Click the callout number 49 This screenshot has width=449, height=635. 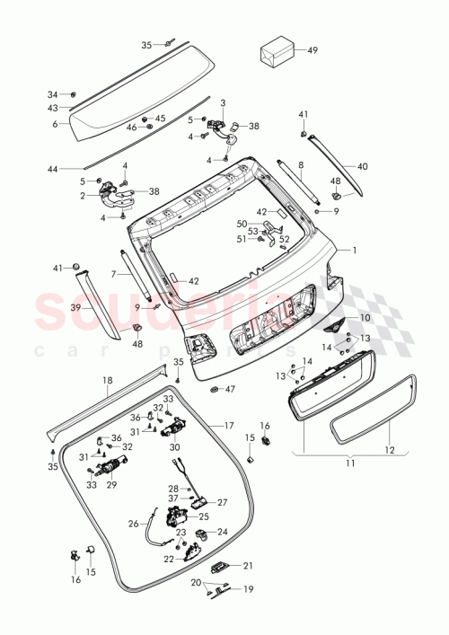[313, 50]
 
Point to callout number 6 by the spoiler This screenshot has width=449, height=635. [55, 124]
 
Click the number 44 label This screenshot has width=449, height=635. [53, 169]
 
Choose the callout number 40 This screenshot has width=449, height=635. [363, 166]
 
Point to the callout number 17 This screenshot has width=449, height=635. [229, 425]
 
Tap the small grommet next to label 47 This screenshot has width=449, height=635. [215, 389]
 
